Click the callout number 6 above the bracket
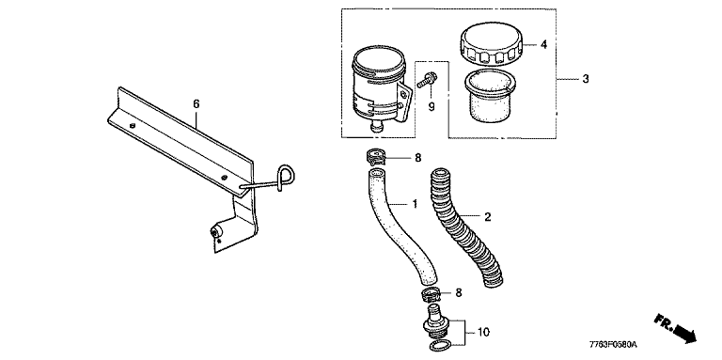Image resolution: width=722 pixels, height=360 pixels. (x=196, y=104)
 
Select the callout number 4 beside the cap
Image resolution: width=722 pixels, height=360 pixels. (x=543, y=45)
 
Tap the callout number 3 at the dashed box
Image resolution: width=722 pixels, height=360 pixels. (x=586, y=79)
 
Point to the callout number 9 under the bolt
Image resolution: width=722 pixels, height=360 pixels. (x=432, y=107)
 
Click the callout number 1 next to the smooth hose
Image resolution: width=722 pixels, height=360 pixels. (x=415, y=203)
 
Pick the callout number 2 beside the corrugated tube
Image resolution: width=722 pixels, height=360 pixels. (x=488, y=215)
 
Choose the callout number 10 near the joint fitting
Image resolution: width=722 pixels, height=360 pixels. (x=483, y=332)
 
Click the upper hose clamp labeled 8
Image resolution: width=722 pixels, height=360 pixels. (x=377, y=157)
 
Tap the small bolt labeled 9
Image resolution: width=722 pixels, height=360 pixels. (x=426, y=81)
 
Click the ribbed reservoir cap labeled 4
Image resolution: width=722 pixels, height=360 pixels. (x=492, y=45)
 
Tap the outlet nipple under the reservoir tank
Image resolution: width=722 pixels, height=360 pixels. (x=377, y=127)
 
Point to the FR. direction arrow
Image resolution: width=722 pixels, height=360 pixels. (x=675, y=329)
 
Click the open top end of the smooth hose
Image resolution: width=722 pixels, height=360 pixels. (x=375, y=174)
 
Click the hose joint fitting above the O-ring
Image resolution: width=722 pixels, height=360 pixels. (x=435, y=322)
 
